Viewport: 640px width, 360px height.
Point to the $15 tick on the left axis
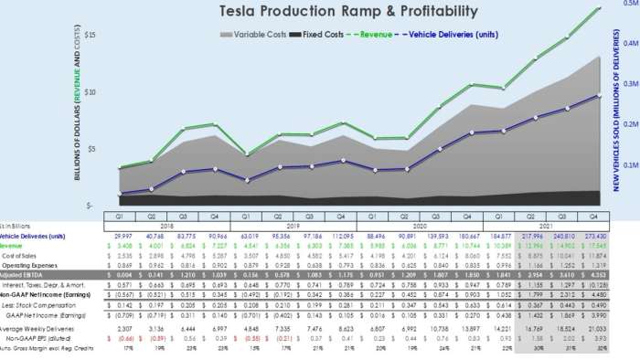coord(90,35)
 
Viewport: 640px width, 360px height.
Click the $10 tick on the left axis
coord(90,91)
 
